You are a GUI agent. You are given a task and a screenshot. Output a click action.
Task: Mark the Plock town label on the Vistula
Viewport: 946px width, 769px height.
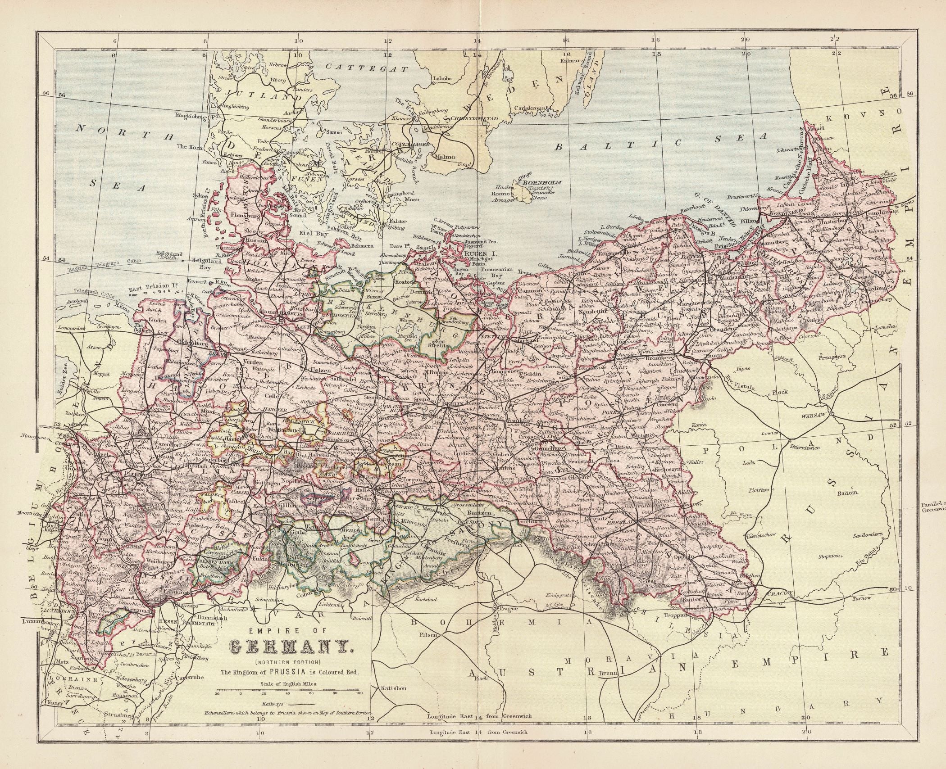[779, 392]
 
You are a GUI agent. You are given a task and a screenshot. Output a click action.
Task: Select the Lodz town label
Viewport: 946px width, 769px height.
[750, 463]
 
